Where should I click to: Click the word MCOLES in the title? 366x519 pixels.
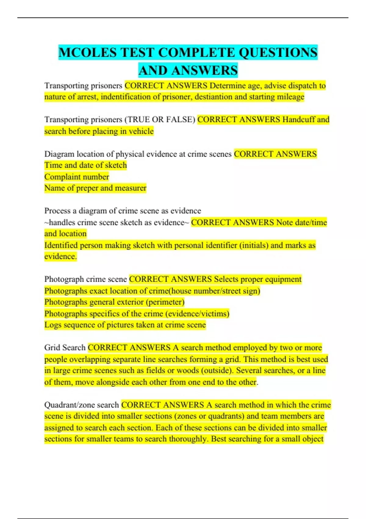pos(88,53)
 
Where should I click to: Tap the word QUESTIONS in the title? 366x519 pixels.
pos(278,53)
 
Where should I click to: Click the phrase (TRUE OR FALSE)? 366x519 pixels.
pos(160,120)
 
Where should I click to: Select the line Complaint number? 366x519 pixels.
pos(77,177)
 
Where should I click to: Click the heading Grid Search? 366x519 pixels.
pos(65,348)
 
